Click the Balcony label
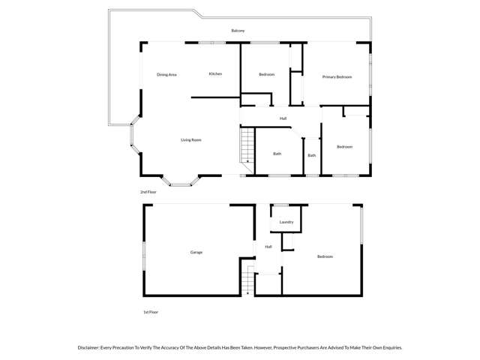(x=238, y=31)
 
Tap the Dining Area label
(x=166, y=74)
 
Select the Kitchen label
(x=215, y=73)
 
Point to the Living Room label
(x=190, y=140)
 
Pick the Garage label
(x=196, y=252)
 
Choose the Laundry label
(x=286, y=222)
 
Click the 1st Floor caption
(x=150, y=312)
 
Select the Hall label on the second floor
(x=283, y=118)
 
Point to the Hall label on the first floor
(x=268, y=247)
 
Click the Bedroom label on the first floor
(x=325, y=256)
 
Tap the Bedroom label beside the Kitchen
(x=266, y=74)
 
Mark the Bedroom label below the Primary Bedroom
(x=344, y=146)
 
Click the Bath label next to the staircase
(x=277, y=154)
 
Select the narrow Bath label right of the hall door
(x=311, y=155)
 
